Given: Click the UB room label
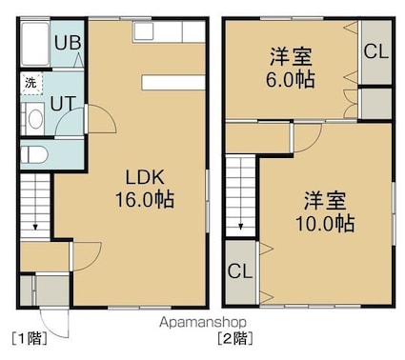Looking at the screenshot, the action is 68,42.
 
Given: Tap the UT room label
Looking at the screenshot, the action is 64,103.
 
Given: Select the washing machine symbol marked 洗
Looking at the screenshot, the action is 31,84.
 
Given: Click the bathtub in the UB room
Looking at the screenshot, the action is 34,44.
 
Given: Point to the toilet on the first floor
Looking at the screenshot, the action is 34,155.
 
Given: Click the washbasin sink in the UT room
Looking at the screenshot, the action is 35,119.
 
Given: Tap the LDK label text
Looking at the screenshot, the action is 145,177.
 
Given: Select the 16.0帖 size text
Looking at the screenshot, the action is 145,199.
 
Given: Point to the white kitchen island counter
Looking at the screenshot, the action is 173,83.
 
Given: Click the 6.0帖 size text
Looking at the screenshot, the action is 290,79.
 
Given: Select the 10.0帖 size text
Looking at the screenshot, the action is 325,224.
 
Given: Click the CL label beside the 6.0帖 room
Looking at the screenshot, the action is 376,51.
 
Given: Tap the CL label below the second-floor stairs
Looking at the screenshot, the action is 240,271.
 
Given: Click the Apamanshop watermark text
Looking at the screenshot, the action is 203,323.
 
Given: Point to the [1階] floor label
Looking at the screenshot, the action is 30,338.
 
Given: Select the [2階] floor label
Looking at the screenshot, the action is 235,338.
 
